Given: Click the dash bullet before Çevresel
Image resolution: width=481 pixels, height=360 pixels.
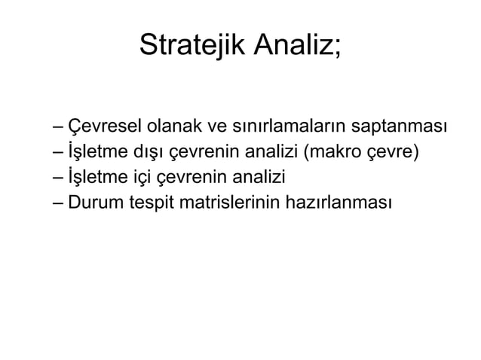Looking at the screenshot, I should pos(59,126).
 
